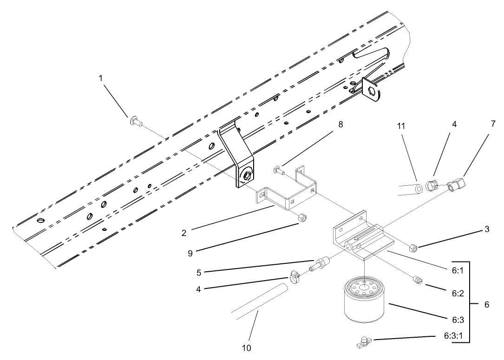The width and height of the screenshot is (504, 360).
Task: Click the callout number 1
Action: click(100, 78)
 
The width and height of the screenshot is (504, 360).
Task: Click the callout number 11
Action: click(401, 126)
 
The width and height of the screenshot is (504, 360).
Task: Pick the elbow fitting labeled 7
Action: click(458, 185)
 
